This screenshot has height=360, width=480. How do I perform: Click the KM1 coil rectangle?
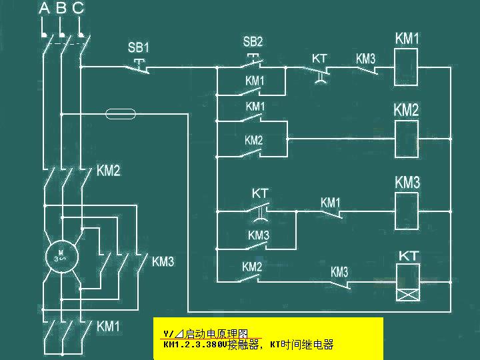[407, 67]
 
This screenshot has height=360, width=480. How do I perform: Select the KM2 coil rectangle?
[407, 139]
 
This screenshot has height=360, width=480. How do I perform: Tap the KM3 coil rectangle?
[407, 210]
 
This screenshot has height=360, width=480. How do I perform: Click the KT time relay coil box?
[408, 282]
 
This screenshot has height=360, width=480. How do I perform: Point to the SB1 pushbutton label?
[139, 48]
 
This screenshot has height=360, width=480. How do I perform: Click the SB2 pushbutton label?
[253, 42]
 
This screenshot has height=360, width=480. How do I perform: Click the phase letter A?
[44, 8]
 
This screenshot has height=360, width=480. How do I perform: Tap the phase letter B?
[61, 8]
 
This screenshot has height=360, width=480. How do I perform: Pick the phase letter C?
[78, 8]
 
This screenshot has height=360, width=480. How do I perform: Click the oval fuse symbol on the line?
[121, 114]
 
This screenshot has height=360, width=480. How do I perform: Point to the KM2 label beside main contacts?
[108, 171]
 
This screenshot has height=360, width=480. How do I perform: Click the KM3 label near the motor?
[163, 261]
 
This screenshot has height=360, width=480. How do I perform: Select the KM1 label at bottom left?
[108, 327]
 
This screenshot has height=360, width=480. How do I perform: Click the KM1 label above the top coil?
[407, 38]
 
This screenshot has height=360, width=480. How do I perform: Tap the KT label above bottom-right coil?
[408, 256]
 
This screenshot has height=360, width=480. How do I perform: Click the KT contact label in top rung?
[319, 59]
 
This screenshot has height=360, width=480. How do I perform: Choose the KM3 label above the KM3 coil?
[407, 182]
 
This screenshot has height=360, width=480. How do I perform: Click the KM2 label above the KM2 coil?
[406, 110]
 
